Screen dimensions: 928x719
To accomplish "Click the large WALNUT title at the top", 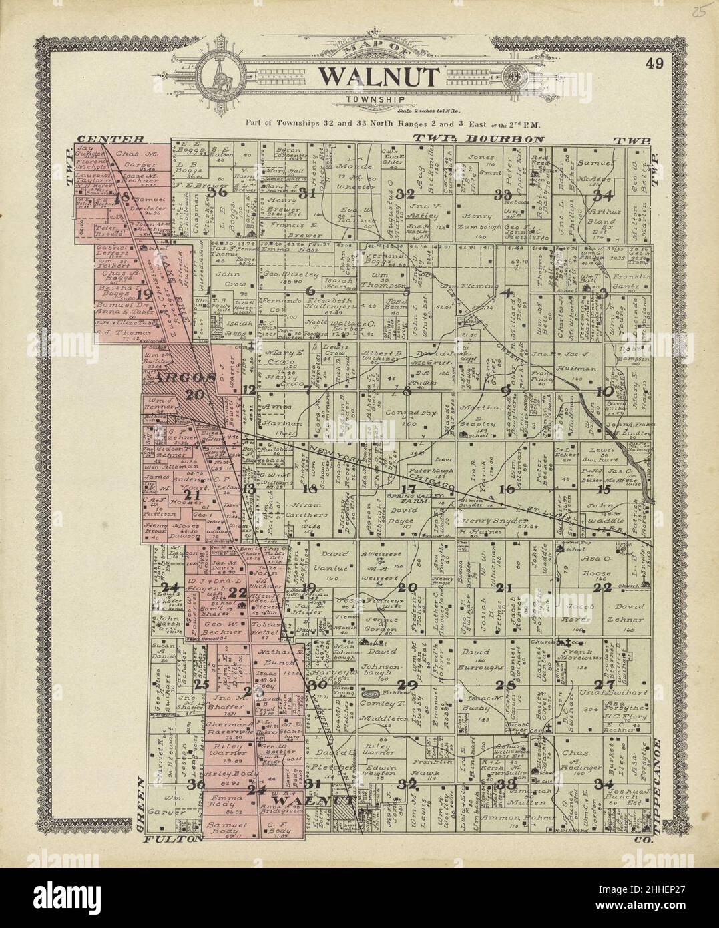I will (378, 77).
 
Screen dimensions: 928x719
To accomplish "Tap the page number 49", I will (654, 65).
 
